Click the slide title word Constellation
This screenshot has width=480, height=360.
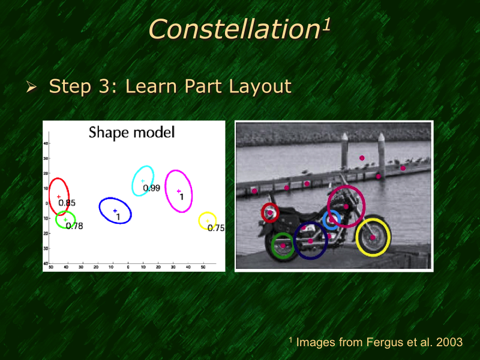coord(233,29)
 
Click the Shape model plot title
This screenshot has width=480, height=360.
coord(131,132)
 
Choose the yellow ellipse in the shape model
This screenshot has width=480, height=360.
coord(200,220)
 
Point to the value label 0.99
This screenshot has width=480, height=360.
coord(151,188)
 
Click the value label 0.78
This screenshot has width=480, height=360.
coord(74,226)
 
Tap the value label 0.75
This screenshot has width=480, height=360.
coord(215,228)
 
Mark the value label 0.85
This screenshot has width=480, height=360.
coord(67,203)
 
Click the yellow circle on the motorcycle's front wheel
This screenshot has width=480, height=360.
coord(358,238)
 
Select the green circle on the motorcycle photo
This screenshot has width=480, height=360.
coord(273,245)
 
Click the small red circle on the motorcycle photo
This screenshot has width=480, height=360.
coord(263,211)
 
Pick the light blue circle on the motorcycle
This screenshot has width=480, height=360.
coord(325,220)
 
